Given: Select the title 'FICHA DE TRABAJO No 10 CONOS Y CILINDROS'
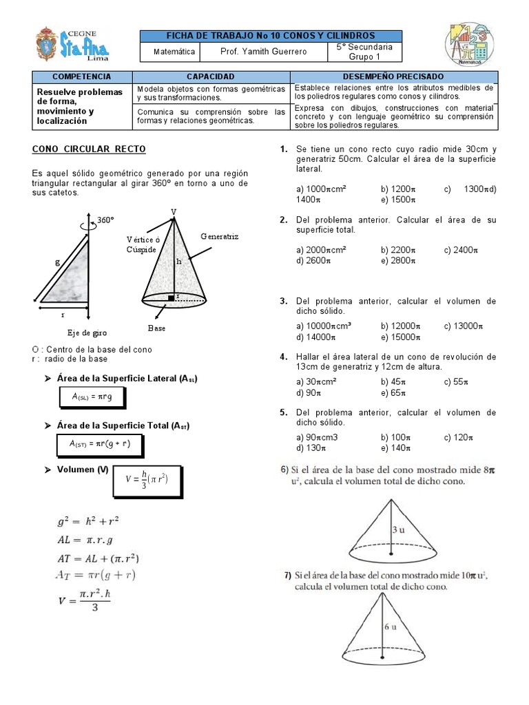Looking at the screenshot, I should pyautogui.click(x=271, y=35).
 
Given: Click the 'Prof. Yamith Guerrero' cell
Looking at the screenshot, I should pyautogui.click(x=264, y=52).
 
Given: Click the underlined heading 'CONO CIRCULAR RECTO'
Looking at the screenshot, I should pyautogui.click(x=90, y=149).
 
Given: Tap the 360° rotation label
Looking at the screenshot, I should pyautogui.click(x=105, y=220).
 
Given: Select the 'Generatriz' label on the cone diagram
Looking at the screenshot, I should pyautogui.click(x=219, y=236).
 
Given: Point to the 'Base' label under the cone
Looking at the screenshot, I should pyautogui.click(x=156, y=328).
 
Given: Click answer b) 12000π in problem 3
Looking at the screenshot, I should pyautogui.click(x=401, y=326).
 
